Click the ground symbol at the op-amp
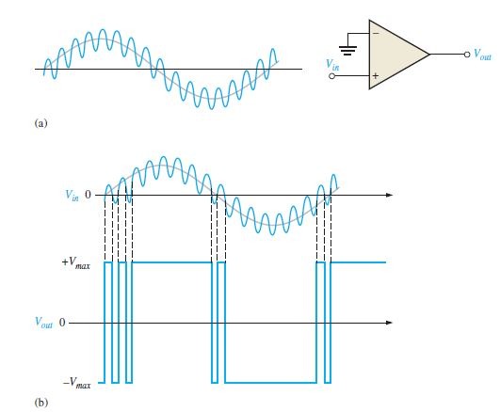click(x=347, y=50)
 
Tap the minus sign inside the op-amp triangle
click(x=377, y=33)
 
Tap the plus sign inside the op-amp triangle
click(x=376, y=76)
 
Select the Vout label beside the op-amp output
click(x=482, y=54)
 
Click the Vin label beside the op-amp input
click(x=332, y=64)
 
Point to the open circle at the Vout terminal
click(x=467, y=55)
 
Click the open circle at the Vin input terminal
click(x=332, y=76)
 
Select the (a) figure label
click(x=40, y=123)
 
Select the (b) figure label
click(x=41, y=402)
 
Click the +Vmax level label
click(x=76, y=263)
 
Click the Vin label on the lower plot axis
click(x=72, y=195)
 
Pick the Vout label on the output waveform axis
click(x=43, y=323)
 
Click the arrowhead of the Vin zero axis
click(x=389, y=195)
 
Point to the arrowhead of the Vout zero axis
click(x=389, y=323)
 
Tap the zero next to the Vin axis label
click(x=88, y=195)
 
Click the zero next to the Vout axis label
click(x=62, y=323)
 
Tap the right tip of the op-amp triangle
click(x=429, y=55)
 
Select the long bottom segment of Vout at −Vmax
click(x=271, y=382)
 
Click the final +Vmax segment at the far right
click(x=358, y=262)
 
